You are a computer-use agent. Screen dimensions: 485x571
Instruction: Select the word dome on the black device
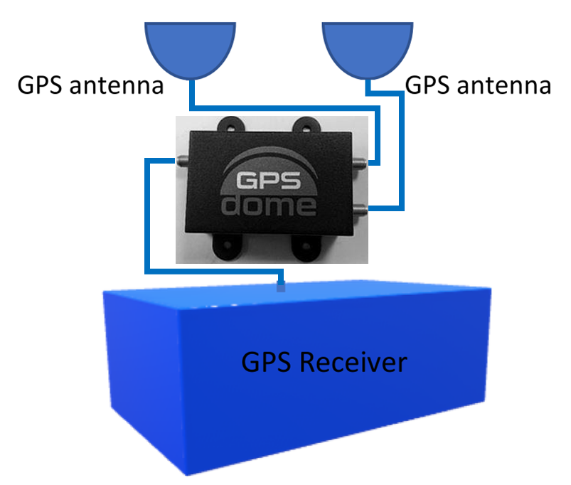click(x=269, y=206)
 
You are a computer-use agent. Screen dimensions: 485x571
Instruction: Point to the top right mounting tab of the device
click(x=306, y=125)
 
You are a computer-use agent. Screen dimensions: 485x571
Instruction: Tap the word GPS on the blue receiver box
click(x=265, y=362)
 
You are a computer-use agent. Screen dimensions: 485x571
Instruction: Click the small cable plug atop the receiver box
click(x=282, y=287)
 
